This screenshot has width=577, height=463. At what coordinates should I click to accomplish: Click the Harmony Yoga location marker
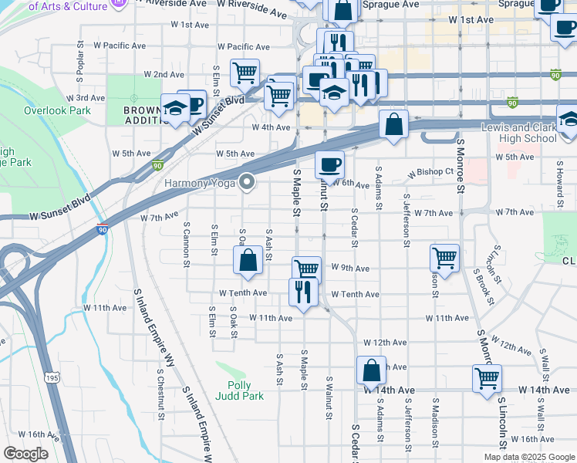(x=248, y=182)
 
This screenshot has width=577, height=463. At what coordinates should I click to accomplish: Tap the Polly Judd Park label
(x=245, y=390)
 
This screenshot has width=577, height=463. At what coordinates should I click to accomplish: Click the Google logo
(x=25, y=453)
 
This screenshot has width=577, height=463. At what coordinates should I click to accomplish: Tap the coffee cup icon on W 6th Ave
(x=329, y=164)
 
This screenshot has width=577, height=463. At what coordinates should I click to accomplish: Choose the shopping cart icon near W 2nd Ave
(x=245, y=73)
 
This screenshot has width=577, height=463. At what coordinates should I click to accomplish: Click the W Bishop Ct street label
(x=431, y=171)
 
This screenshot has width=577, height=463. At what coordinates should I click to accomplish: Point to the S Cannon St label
(x=187, y=245)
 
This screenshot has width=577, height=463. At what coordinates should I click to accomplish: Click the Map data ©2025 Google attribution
(x=529, y=457)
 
